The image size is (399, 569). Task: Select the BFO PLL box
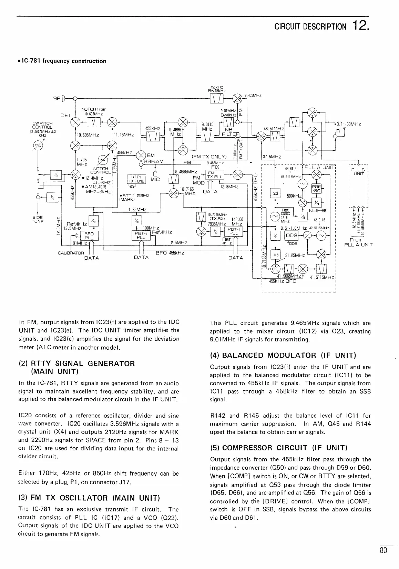point(89,236)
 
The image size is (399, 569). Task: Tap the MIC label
point(156,180)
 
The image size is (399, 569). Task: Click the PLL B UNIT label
point(359,171)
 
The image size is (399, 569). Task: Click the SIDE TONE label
point(38,219)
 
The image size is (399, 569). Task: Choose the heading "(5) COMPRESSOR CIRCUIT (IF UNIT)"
point(278,448)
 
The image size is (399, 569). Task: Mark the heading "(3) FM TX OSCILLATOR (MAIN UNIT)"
point(89,498)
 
